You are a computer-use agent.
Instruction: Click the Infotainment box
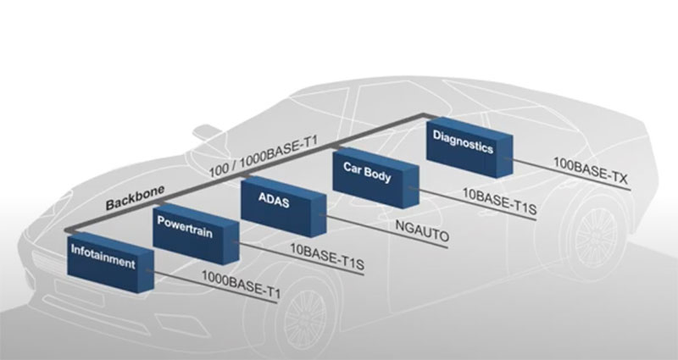111,263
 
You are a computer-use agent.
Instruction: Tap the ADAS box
283,206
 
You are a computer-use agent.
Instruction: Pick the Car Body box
375,177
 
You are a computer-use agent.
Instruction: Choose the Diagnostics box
470,147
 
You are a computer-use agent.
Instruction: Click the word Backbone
136,197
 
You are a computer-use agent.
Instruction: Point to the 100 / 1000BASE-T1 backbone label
264,157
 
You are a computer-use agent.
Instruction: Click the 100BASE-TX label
591,170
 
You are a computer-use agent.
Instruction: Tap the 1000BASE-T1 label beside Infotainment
242,284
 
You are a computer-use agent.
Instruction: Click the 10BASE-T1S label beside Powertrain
327,256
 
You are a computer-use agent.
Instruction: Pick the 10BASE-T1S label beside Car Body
499,201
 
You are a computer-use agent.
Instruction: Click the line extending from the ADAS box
384,230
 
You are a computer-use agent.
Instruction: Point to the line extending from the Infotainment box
211,286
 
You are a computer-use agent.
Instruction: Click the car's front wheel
306,318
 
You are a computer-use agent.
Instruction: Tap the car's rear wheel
596,235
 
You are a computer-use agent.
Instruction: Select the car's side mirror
207,131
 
